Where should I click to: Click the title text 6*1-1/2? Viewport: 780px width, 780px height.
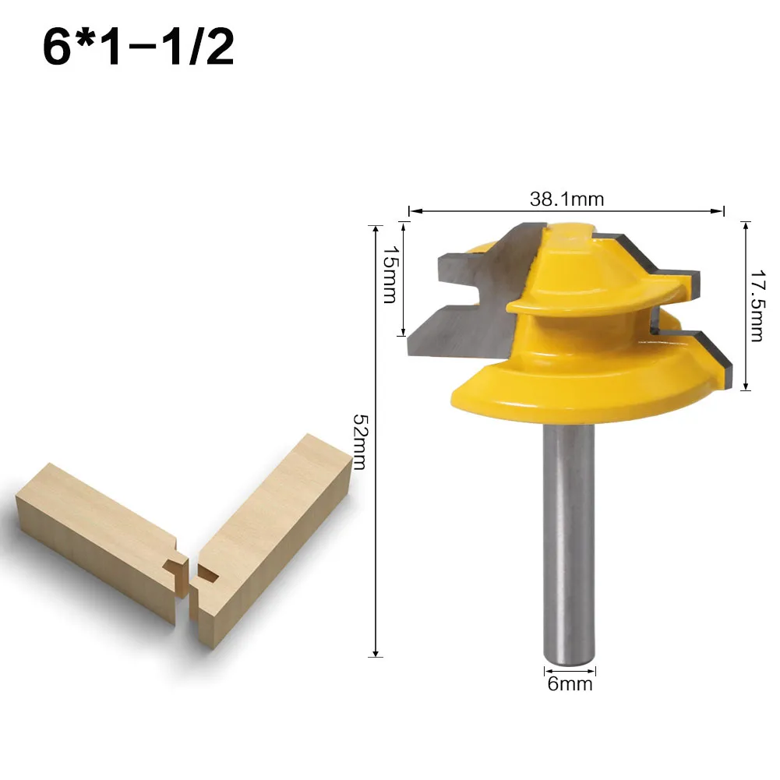tap(138, 48)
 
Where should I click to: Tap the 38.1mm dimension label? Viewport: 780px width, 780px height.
tap(566, 199)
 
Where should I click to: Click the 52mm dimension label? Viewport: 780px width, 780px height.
tap(360, 441)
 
